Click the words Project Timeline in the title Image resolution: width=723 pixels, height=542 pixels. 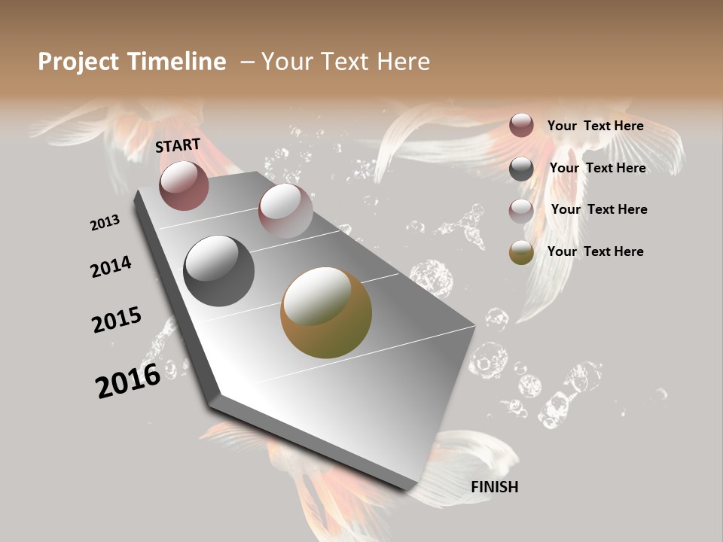(132, 62)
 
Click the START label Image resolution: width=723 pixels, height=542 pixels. (178, 145)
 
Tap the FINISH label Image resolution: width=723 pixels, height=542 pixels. (494, 487)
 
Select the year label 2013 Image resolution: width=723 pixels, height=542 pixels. (105, 223)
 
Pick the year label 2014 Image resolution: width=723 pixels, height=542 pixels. (111, 266)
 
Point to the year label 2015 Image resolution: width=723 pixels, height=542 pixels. (117, 320)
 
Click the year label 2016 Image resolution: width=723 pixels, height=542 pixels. (128, 380)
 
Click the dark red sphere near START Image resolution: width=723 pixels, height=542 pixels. (184, 185)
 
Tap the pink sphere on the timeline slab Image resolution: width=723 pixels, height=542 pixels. (285, 210)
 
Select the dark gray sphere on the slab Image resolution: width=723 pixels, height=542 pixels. (218, 271)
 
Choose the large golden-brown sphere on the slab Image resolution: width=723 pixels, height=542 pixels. (326, 312)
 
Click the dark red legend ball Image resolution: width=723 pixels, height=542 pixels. (521, 125)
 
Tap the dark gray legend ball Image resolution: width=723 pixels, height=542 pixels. (521, 169)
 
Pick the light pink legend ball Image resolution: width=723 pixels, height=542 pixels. (521, 211)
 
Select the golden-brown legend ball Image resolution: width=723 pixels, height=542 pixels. (521, 253)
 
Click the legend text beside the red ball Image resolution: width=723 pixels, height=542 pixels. (595, 126)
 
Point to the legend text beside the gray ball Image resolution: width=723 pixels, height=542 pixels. (597, 168)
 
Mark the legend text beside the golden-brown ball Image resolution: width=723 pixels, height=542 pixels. (595, 251)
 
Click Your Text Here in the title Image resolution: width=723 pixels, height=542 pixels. (346, 62)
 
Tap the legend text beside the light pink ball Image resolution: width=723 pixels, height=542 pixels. (599, 209)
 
